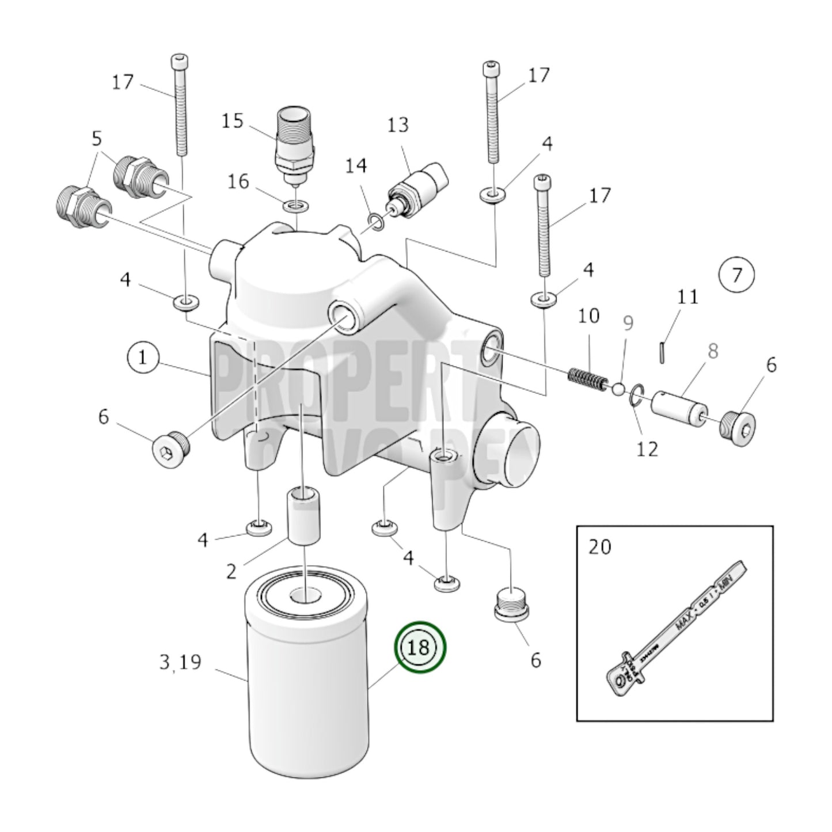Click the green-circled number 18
pos(420,647)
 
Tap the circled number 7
pos(737,275)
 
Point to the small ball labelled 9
pos(617,390)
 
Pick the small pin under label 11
pos(664,351)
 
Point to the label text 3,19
pos(180,662)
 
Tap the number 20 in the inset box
pos(600,546)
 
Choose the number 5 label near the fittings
pos(96,139)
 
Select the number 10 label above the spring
pos(588,316)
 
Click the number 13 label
pos(397,124)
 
